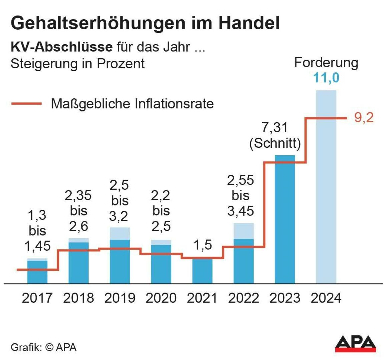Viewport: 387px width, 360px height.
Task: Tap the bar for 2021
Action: tap(202, 271)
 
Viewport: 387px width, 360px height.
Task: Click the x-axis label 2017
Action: tap(37, 298)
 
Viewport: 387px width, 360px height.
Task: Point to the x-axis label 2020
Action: tap(161, 298)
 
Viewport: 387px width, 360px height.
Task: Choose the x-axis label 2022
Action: tap(243, 298)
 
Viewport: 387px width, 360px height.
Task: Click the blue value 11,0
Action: tap(326, 78)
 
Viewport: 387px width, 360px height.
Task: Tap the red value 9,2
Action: tap(364, 118)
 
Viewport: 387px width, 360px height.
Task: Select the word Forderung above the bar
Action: tap(326, 63)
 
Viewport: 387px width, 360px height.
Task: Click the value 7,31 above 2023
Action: tap(275, 128)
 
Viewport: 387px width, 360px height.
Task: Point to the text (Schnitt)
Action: tap(275, 143)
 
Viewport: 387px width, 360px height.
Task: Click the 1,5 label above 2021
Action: tap(203, 245)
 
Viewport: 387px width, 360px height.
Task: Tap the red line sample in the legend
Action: tap(26, 104)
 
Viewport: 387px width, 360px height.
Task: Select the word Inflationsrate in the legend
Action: tap(174, 104)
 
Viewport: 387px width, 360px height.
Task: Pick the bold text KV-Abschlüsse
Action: tap(61, 47)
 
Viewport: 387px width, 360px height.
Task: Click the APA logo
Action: tap(355, 344)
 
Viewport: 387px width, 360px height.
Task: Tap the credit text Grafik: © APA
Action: tap(44, 347)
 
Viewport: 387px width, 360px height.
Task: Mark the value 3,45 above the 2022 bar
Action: tap(240, 211)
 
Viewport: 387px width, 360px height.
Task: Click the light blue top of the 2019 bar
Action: tap(120, 233)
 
